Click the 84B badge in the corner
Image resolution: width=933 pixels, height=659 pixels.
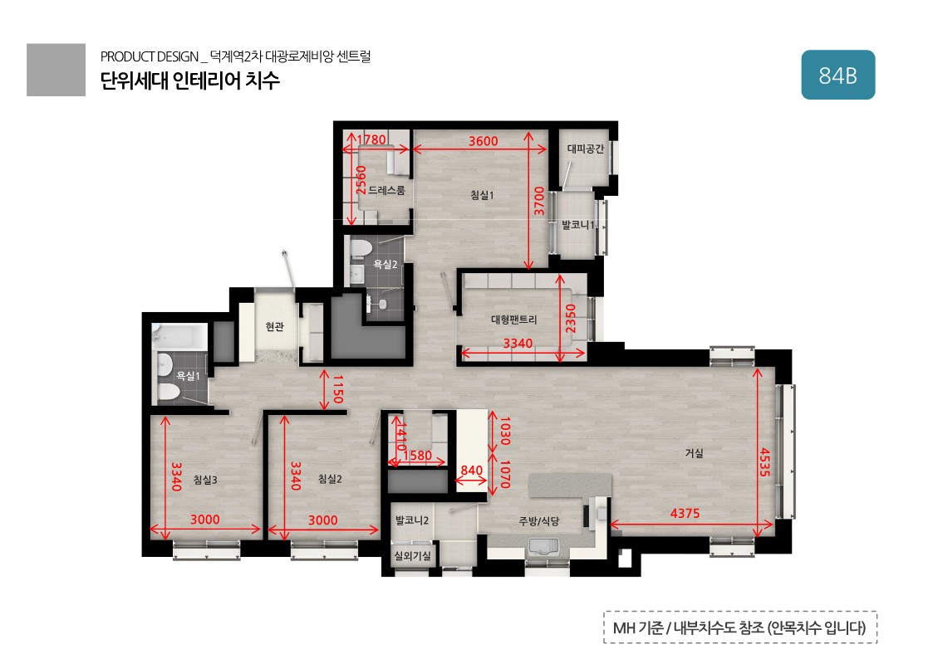tap(837, 75)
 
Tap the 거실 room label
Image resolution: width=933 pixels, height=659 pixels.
tap(695, 453)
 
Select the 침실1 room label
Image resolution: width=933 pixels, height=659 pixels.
tap(482, 195)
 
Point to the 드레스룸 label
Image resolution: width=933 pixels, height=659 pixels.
tap(387, 190)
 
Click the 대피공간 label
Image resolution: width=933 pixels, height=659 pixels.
tap(586, 149)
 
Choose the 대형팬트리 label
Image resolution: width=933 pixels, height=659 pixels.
tap(513, 320)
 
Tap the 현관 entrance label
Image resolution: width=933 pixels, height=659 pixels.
tap(274, 326)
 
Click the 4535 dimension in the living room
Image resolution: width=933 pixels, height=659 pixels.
tap(765, 462)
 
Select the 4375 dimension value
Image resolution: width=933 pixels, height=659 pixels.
tap(685, 514)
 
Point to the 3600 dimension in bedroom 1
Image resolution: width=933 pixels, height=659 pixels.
tap(484, 141)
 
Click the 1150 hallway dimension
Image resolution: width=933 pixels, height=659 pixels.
tap(338, 388)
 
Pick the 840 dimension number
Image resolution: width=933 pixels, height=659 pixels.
tap(472, 471)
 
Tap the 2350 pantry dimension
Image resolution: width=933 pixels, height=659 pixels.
tap(571, 319)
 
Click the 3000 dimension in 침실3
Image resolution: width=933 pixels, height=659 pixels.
tap(204, 520)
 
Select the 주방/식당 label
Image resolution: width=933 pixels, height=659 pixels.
tap(539, 521)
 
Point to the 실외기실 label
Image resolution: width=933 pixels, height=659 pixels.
tap(412, 556)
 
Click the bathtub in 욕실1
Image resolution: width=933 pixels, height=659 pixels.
tap(179, 336)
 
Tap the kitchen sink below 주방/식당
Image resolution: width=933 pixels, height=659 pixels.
tap(544, 546)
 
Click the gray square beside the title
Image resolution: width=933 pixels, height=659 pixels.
tap(56, 70)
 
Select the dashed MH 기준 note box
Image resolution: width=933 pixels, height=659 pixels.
tap(740, 627)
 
